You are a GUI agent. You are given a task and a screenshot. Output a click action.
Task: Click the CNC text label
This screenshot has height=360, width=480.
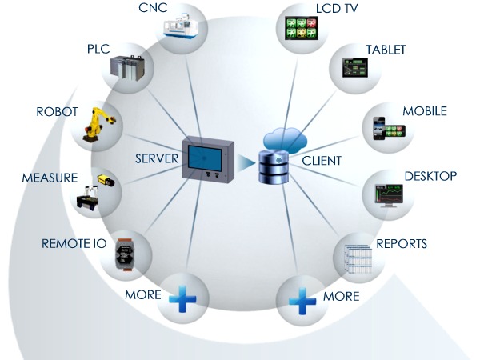[154, 9]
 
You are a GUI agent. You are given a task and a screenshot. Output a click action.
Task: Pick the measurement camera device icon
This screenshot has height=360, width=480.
[97, 190]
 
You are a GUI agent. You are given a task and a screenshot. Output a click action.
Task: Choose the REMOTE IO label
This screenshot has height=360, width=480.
[74, 242]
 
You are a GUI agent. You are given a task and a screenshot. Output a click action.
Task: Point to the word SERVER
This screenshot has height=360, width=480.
[156, 158]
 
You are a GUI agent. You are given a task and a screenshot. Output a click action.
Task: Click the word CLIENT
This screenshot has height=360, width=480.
[322, 161]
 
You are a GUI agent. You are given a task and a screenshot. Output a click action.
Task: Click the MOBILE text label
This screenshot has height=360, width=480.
[424, 111]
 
